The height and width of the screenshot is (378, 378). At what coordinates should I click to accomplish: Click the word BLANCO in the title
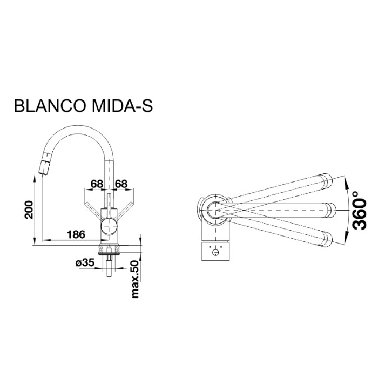click(49, 106)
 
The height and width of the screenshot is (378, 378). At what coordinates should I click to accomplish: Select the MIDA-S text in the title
click(122, 106)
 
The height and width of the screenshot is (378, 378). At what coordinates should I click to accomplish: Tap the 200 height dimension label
click(30, 209)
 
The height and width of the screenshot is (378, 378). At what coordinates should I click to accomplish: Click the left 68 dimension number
click(96, 184)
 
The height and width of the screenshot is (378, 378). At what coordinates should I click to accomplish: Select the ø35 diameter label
click(85, 263)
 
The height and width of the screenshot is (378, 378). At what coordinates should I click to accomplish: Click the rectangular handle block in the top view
click(217, 251)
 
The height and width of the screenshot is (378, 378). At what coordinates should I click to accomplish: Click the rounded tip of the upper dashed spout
click(328, 180)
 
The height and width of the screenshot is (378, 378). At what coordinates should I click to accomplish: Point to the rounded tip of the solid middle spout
click(330, 208)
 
